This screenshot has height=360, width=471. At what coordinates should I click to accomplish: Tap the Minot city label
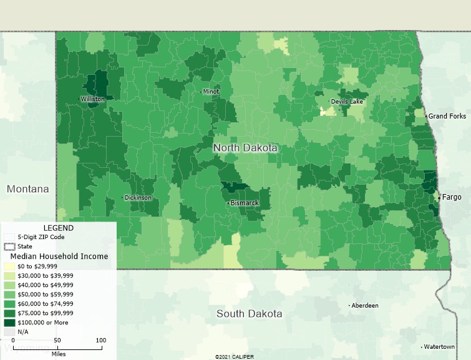[211, 92]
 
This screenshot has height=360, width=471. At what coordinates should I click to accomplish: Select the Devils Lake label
[347, 102]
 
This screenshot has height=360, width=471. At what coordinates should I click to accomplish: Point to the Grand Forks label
[447, 117]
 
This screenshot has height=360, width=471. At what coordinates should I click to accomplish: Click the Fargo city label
[452, 197]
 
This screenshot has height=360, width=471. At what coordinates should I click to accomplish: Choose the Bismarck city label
[245, 203]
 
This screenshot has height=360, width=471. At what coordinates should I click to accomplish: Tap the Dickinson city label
[138, 198]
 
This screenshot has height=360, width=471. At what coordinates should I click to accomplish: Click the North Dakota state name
[245, 148]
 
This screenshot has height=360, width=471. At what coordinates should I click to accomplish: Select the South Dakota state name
[249, 313]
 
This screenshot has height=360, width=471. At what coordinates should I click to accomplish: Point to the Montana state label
[28, 188]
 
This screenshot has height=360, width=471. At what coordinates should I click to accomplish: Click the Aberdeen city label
[365, 306]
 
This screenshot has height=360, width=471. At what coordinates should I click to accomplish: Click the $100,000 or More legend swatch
[6, 323]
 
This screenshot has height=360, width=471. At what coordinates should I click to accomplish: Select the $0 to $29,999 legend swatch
[6, 266]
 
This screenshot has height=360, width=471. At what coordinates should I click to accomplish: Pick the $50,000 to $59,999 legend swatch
[6, 294]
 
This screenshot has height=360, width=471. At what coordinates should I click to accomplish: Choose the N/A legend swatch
[6, 332]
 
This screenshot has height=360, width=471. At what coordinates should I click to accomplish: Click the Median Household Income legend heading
[59, 256]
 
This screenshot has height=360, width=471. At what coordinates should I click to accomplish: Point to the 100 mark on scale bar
[100, 340]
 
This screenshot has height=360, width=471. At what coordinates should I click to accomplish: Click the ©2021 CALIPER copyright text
[235, 357]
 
